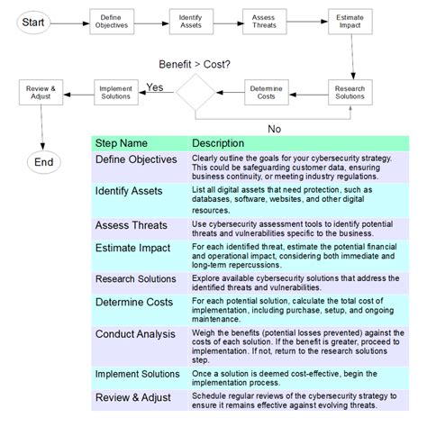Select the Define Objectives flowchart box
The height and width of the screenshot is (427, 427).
(111, 21)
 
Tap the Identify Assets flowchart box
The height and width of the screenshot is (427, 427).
(189, 21)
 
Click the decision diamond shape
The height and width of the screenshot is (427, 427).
(195, 93)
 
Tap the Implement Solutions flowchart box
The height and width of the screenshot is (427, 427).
(114, 93)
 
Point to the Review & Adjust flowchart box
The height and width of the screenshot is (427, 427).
(41, 93)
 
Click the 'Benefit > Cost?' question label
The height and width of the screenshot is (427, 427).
(195, 64)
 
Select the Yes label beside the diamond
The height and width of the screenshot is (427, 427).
(154, 87)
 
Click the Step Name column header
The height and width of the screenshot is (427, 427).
(121, 143)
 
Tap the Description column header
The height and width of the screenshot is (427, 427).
(218, 143)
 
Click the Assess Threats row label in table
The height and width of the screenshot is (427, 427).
(130, 224)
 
